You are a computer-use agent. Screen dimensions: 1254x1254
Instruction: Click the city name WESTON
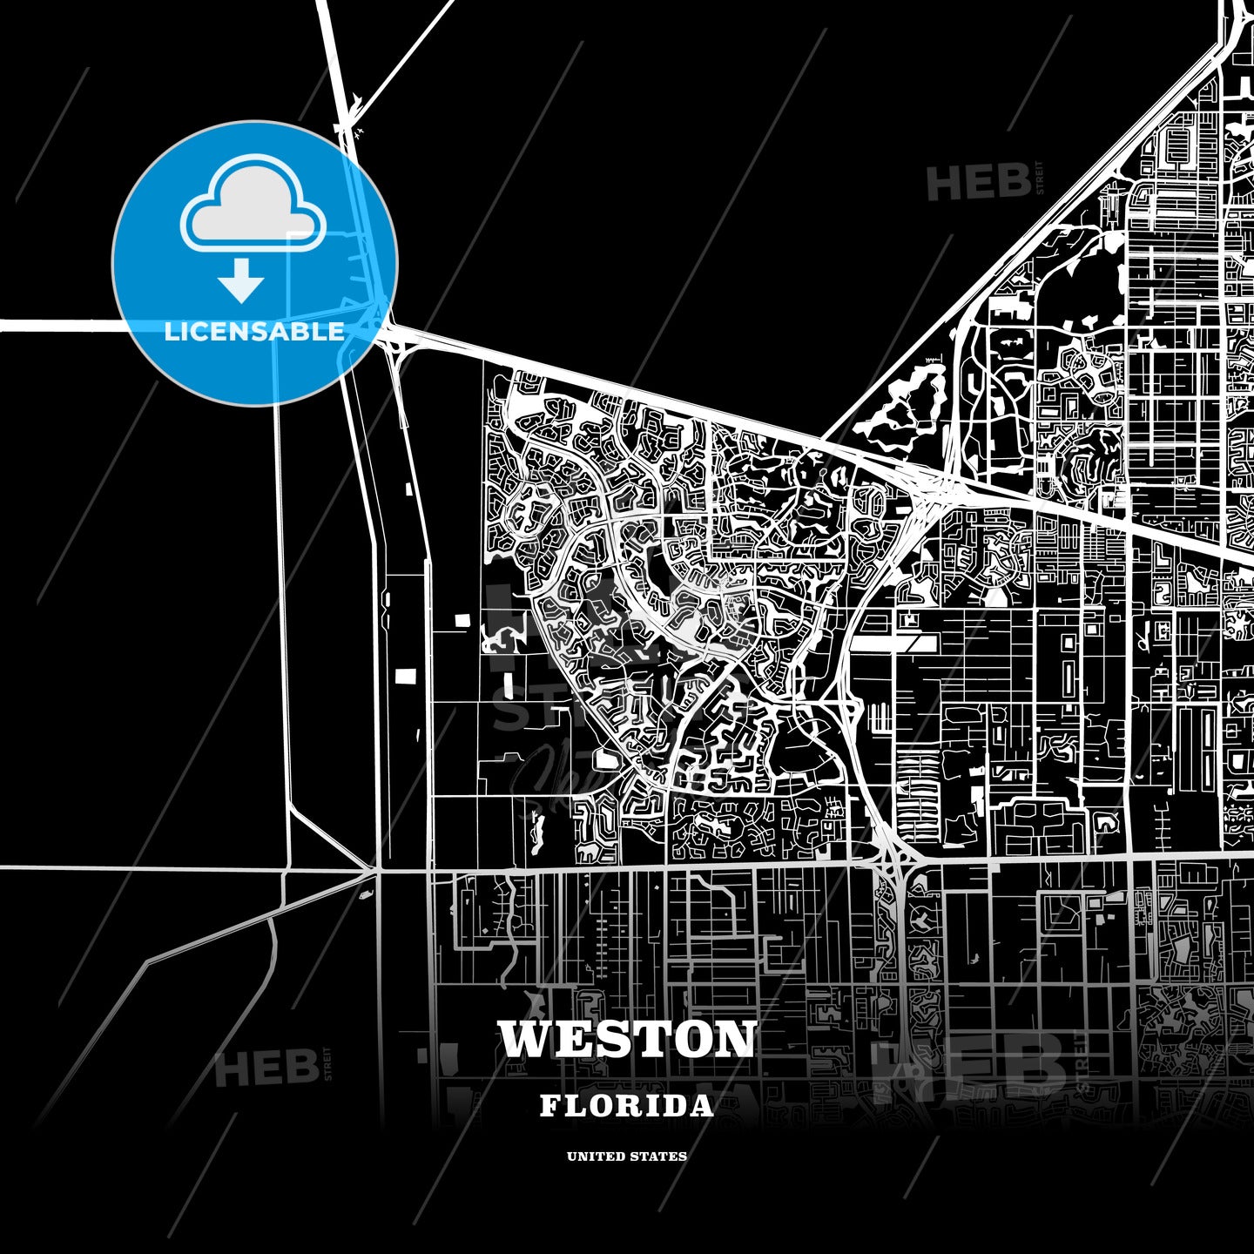click(x=627, y=1039)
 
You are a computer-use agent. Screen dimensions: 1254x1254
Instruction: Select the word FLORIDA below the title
click(x=627, y=1106)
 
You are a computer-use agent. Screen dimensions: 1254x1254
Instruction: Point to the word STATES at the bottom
click(x=663, y=1156)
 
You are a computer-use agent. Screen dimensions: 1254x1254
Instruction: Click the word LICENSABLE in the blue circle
click(x=254, y=332)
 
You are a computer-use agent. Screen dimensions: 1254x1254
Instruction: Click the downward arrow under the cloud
click(x=241, y=280)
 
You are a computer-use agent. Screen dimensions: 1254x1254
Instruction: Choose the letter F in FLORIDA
click(x=550, y=1106)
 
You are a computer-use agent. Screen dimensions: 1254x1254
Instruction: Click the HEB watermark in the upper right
click(x=978, y=183)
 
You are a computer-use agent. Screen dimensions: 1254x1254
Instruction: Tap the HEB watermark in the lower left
click(x=266, y=1069)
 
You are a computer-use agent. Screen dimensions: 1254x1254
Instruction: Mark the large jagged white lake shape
click(x=906, y=405)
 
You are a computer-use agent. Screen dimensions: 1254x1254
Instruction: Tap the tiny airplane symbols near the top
click(x=359, y=131)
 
